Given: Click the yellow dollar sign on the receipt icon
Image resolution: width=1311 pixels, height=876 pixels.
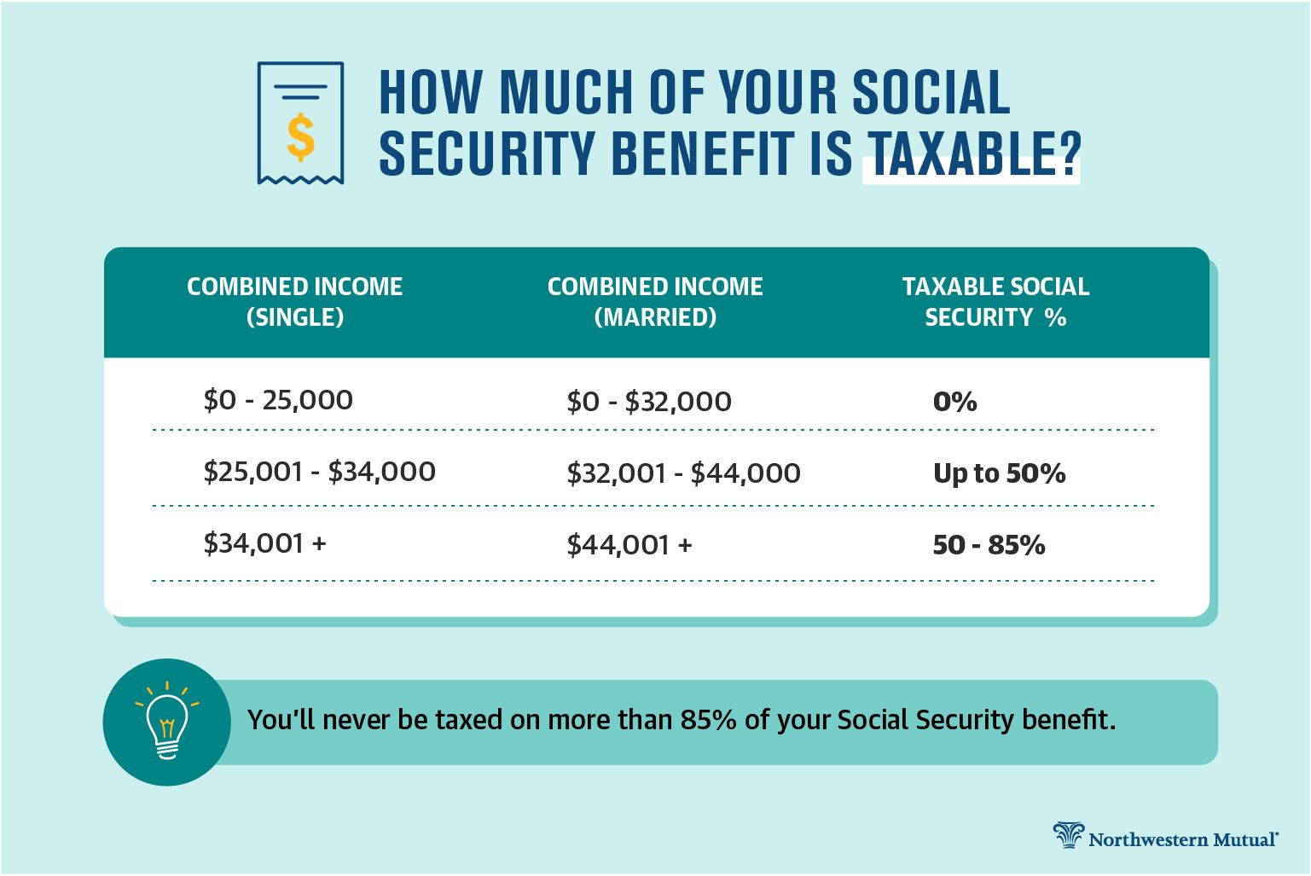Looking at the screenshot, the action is point(301,137).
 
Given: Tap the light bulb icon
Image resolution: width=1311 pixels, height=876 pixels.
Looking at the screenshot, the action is point(167,721).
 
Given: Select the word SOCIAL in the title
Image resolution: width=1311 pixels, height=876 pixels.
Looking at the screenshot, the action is point(931,92).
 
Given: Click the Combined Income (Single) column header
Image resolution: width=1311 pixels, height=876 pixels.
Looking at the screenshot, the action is point(294,302).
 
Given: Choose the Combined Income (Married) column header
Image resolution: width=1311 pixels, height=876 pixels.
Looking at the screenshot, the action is point(655,302).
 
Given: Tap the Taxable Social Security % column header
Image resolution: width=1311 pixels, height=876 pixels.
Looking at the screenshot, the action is point(995,302).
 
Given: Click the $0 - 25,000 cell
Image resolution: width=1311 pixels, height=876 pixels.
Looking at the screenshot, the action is point(278,400).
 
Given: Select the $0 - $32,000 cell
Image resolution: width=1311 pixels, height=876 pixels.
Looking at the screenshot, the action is point(649,402).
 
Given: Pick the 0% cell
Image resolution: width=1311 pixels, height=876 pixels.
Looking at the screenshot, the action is point(954,402).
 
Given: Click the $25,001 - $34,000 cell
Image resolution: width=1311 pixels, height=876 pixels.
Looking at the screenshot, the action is point(320,472).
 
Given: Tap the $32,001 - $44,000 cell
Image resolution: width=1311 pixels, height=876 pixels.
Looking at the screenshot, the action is point(683,473).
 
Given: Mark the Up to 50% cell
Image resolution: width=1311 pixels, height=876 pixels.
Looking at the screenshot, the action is point(999,473).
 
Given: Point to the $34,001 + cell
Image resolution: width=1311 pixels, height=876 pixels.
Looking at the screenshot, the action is point(264,543).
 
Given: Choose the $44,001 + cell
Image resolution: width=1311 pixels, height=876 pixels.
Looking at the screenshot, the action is point(629,545).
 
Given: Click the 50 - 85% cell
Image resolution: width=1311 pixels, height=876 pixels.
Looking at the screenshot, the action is point(989,545).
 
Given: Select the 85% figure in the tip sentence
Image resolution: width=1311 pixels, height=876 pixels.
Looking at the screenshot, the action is point(708,720).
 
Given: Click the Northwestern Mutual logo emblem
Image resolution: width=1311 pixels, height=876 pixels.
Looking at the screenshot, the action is point(1068,834).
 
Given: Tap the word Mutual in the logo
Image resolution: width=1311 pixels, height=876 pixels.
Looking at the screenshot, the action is point(1244,839).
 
